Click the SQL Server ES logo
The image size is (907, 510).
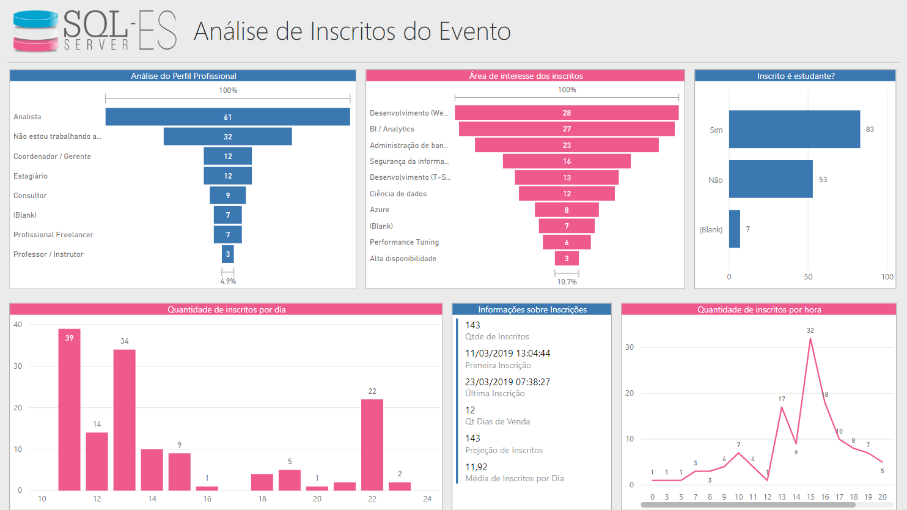[95, 31]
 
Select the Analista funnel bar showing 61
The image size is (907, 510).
[227, 117]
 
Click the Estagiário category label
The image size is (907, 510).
[31, 176]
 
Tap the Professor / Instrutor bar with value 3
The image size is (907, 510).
[227, 254]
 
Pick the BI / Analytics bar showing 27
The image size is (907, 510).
[567, 129]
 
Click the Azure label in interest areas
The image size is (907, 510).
[380, 210]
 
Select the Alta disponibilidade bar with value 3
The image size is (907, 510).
[567, 259]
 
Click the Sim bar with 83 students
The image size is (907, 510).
[794, 129]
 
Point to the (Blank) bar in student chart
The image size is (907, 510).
[734, 229]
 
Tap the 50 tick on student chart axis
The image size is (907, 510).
[808, 277]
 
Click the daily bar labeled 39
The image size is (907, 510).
[69, 410]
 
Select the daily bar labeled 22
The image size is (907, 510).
[372, 445]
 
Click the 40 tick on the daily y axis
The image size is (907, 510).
[18, 325]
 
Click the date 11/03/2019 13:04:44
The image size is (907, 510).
[507, 353]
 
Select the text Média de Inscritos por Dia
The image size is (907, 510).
[514, 479]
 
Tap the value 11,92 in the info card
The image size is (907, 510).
[476, 467]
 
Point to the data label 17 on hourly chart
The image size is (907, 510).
[782, 399]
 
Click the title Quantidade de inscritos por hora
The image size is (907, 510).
[759, 309]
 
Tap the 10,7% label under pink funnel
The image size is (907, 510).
[567, 282]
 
